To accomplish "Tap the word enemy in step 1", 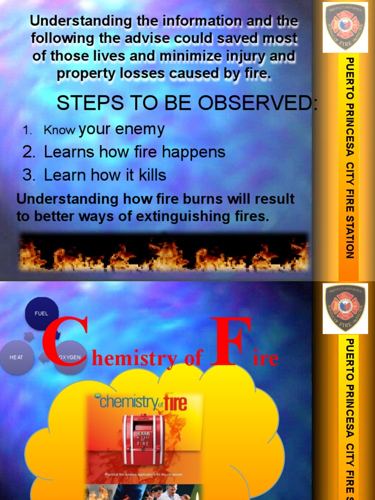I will [x=142, y=129].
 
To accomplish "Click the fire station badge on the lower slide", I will [x=345, y=307].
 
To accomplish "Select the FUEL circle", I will [x=42, y=313].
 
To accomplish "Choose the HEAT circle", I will [x=17, y=357].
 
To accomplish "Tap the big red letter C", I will [x=64, y=343].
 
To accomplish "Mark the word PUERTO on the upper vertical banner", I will [x=349, y=76].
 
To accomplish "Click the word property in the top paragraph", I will [x=84, y=74].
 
